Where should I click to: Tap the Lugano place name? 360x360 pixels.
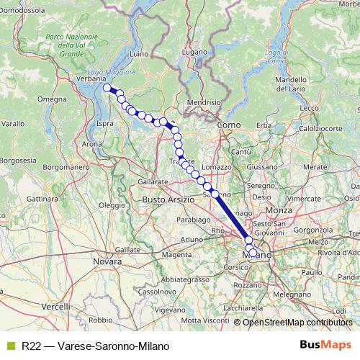[194, 52]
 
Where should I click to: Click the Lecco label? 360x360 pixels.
[310, 108]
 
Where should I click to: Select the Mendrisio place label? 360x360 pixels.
[203, 102]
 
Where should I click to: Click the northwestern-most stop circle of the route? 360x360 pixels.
[107, 88]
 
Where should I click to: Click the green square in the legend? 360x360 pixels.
[10, 346]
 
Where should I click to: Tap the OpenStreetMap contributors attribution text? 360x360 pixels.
[297, 323]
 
